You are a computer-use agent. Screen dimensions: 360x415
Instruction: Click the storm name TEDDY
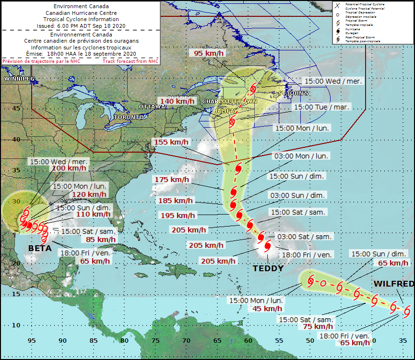[x=268, y=268]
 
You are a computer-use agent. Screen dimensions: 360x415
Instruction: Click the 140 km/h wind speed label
[x=174, y=101]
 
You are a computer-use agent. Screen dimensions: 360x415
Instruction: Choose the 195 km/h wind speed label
[x=178, y=216]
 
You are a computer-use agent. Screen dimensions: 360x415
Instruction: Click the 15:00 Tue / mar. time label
[x=322, y=107]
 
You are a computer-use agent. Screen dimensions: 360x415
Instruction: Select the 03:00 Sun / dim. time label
[x=298, y=195]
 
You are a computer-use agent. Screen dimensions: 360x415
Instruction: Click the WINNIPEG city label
[x=19, y=78]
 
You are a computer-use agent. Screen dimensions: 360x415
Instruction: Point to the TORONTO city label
[x=129, y=117]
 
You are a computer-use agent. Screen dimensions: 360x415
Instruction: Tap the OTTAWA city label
[x=152, y=107]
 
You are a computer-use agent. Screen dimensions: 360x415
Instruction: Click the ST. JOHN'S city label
[x=293, y=93]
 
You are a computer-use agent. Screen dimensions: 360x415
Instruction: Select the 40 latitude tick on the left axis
[x=16, y=139]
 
